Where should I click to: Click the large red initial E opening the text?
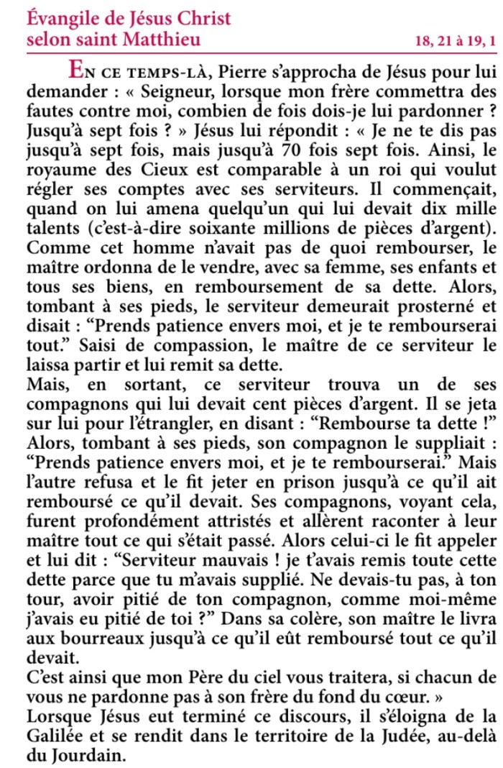tap(76, 70)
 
